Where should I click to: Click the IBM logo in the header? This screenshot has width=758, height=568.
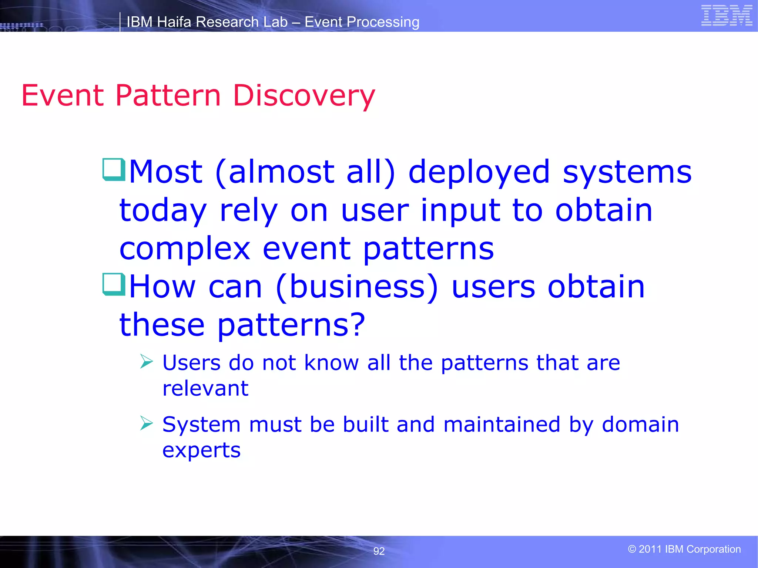pos(727,16)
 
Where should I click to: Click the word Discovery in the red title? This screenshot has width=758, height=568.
pos(304,96)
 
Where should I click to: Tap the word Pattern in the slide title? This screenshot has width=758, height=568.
pos(168,96)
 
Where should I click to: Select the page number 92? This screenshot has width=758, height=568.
pos(379,551)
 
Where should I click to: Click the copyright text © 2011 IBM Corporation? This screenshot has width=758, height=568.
pos(684,549)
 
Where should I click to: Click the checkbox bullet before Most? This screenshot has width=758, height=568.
pos(114,169)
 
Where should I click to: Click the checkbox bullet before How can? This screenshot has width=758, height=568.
pos(114,284)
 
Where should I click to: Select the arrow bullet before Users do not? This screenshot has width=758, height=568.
pos(147,361)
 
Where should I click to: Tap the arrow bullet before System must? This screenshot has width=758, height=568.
pos(147,423)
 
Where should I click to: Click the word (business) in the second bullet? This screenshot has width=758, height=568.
pos(357,287)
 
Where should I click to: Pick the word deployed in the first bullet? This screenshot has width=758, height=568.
pos(479,172)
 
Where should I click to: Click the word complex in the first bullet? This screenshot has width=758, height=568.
pos(185,248)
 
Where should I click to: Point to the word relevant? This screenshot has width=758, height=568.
pos(205,388)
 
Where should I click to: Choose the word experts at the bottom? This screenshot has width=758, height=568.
pos(201,450)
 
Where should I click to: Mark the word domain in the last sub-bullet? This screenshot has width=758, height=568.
pos(640,424)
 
